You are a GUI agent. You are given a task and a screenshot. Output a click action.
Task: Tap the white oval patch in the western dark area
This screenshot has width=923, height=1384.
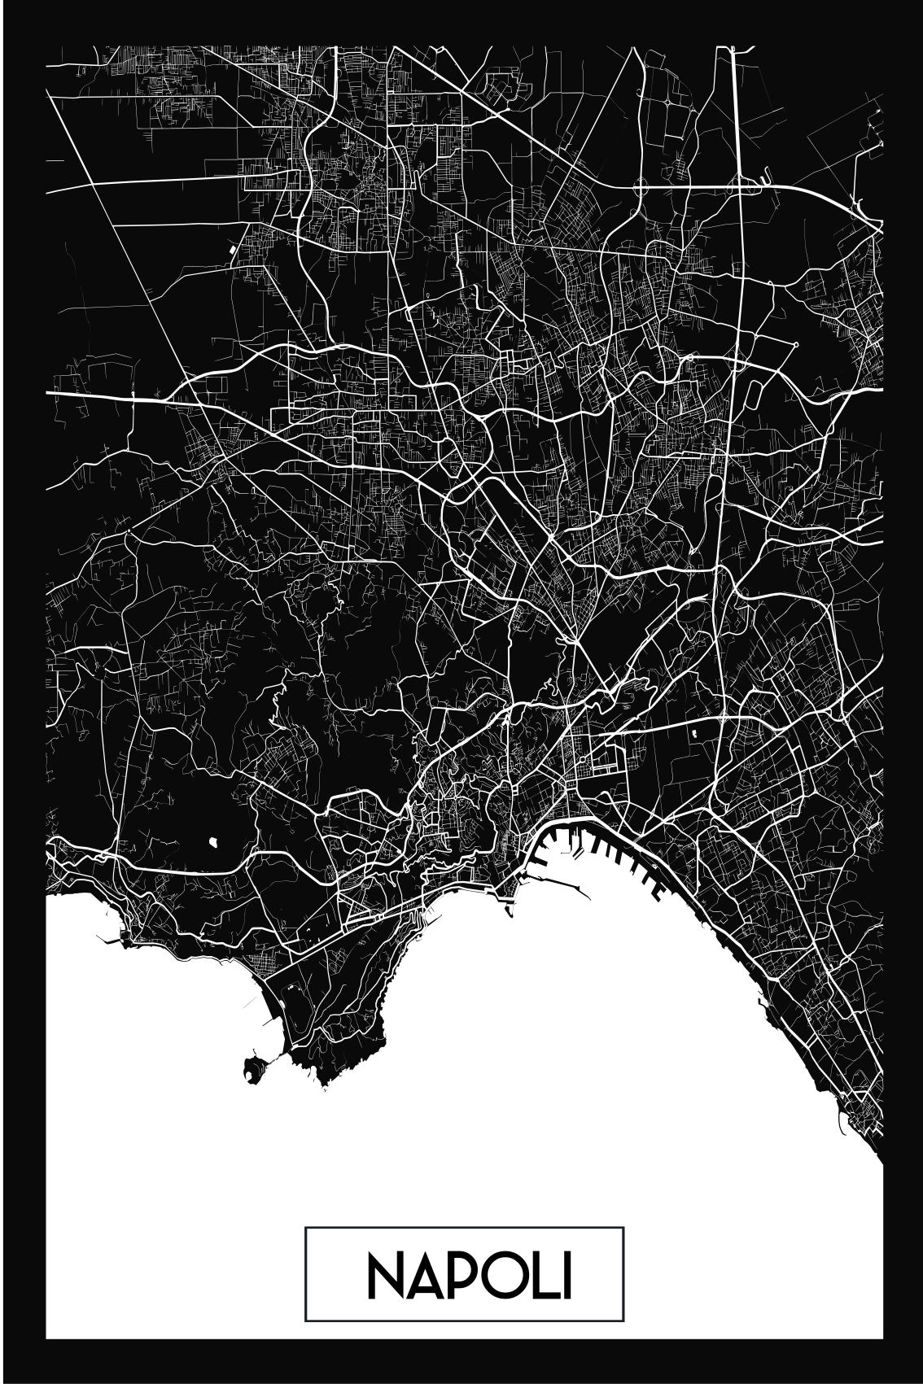click(214, 838)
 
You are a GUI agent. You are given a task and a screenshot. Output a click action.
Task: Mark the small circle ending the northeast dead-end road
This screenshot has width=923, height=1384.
click(795, 344)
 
